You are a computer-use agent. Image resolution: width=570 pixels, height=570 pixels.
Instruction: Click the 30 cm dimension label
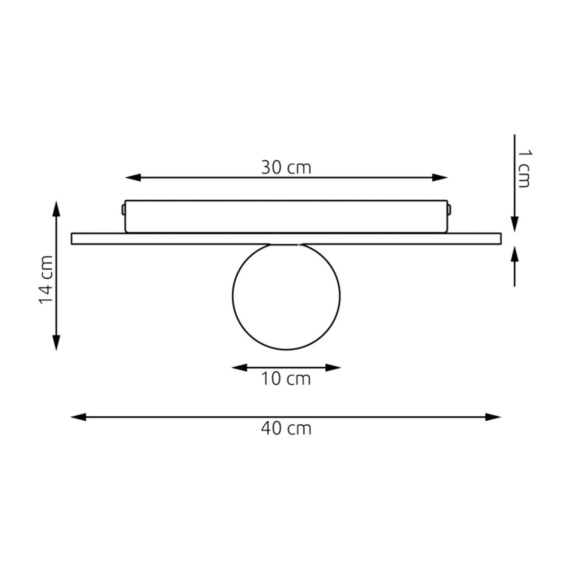click(x=286, y=168)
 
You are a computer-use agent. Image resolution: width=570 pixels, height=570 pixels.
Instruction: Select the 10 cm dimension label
click(x=286, y=379)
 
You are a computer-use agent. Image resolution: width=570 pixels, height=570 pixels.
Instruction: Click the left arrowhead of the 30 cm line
click(x=133, y=178)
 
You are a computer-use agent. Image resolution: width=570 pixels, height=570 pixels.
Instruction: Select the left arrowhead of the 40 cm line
click(x=78, y=417)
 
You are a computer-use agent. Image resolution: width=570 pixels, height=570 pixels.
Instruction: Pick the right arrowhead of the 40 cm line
click(x=493, y=417)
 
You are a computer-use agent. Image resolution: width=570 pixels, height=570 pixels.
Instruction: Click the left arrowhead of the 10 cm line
click(x=239, y=368)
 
